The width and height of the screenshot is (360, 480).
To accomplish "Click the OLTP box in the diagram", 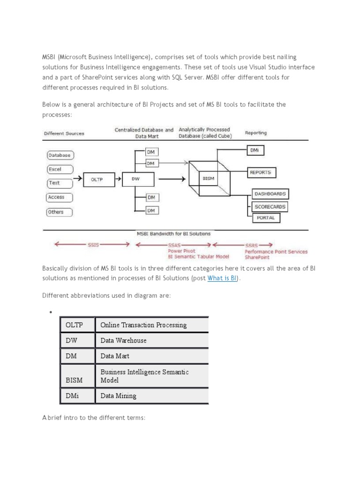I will (x=96, y=179).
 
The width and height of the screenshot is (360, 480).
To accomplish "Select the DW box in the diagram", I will (x=135, y=179).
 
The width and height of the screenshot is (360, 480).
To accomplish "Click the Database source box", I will (x=60, y=155).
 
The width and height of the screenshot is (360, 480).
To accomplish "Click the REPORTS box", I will (x=260, y=172).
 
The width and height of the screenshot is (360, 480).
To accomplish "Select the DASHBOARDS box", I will (x=270, y=194).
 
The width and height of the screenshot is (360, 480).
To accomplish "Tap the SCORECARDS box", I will (x=270, y=206).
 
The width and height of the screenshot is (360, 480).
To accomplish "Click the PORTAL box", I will (x=266, y=218).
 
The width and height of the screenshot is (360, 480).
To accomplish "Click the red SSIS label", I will (x=93, y=244).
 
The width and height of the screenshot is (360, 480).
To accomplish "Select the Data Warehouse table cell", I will (x=151, y=340).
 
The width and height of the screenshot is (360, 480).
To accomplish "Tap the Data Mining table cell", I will (x=151, y=396).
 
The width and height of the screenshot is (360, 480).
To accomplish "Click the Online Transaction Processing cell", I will (x=151, y=325).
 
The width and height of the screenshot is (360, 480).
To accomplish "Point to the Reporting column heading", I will (x=256, y=133).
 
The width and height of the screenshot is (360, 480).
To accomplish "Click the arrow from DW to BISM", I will (x=169, y=179).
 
